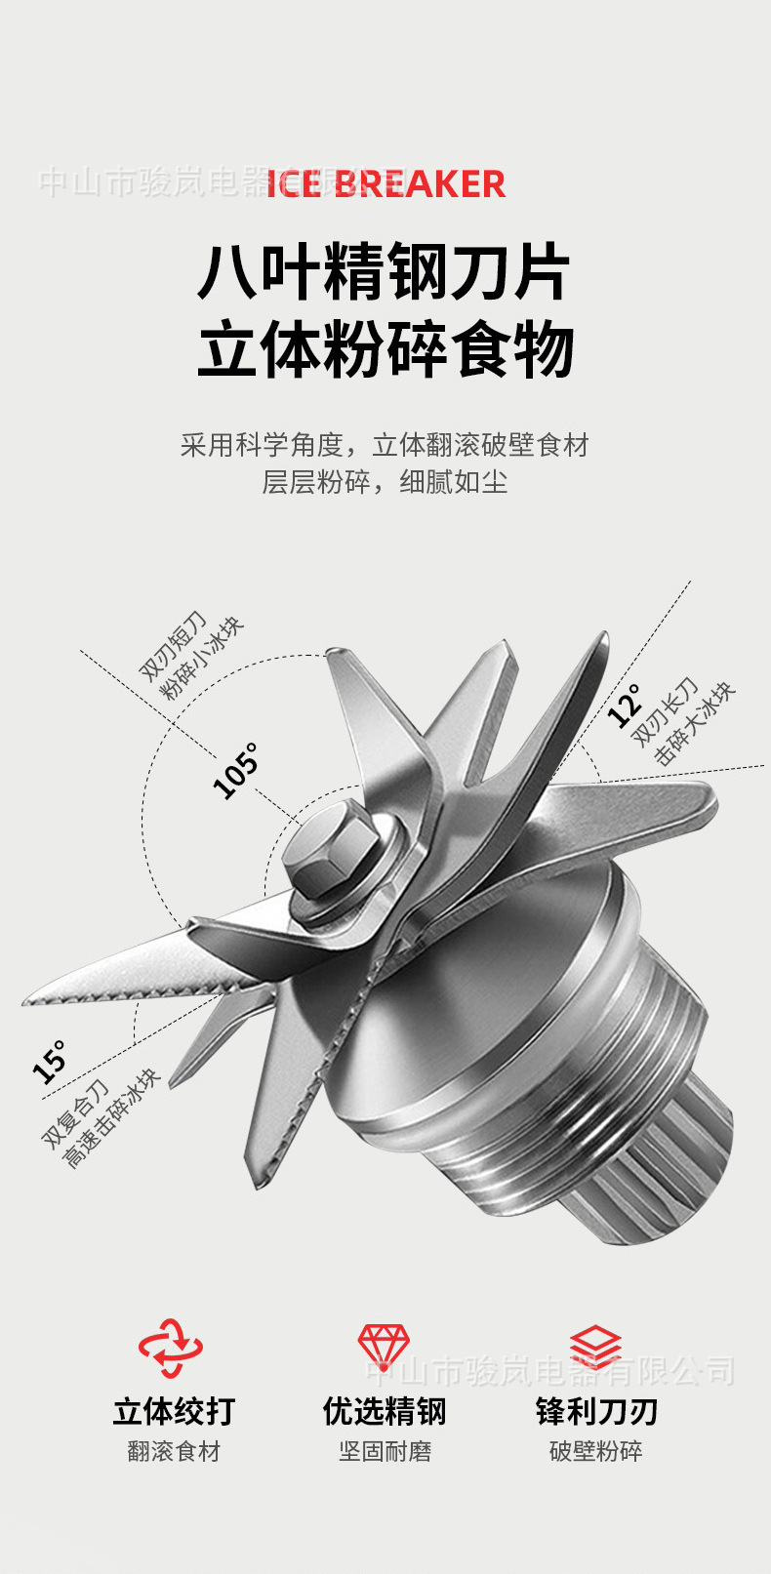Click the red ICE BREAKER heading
pyautogui.click(x=386, y=183)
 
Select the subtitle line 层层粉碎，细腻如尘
pyautogui.click(x=385, y=482)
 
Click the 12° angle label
pyautogui.click(x=625, y=705)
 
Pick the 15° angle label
pyautogui.click(x=50, y=1062)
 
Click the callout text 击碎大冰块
pyautogui.click(x=695, y=723)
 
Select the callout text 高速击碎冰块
pyautogui.click(x=111, y=1120)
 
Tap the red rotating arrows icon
pyautogui.click(x=172, y=1348)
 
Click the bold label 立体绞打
pyautogui.click(x=174, y=1411)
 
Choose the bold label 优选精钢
pyautogui.click(x=385, y=1411)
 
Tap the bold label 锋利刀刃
pyautogui.click(x=596, y=1411)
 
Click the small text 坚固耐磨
pyautogui.click(x=385, y=1452)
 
